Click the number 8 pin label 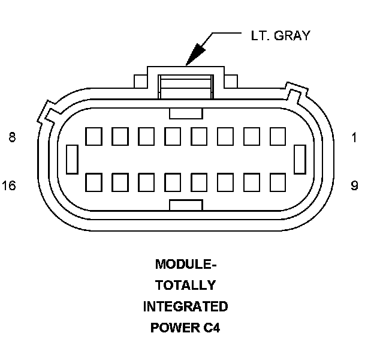click(12, 137)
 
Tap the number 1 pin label click(354, 137)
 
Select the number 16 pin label click(9, 185)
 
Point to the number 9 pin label click(354, 185)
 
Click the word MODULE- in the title click(185, 264)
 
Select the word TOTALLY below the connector click(185, 285)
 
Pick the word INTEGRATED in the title click(185, 307)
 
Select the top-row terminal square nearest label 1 click(278, 136)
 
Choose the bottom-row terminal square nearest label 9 click(278, 182)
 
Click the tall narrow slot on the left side click(71, 159)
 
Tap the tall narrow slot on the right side click(300, 159)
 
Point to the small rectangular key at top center click(186, 113)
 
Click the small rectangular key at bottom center click(186, 205)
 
